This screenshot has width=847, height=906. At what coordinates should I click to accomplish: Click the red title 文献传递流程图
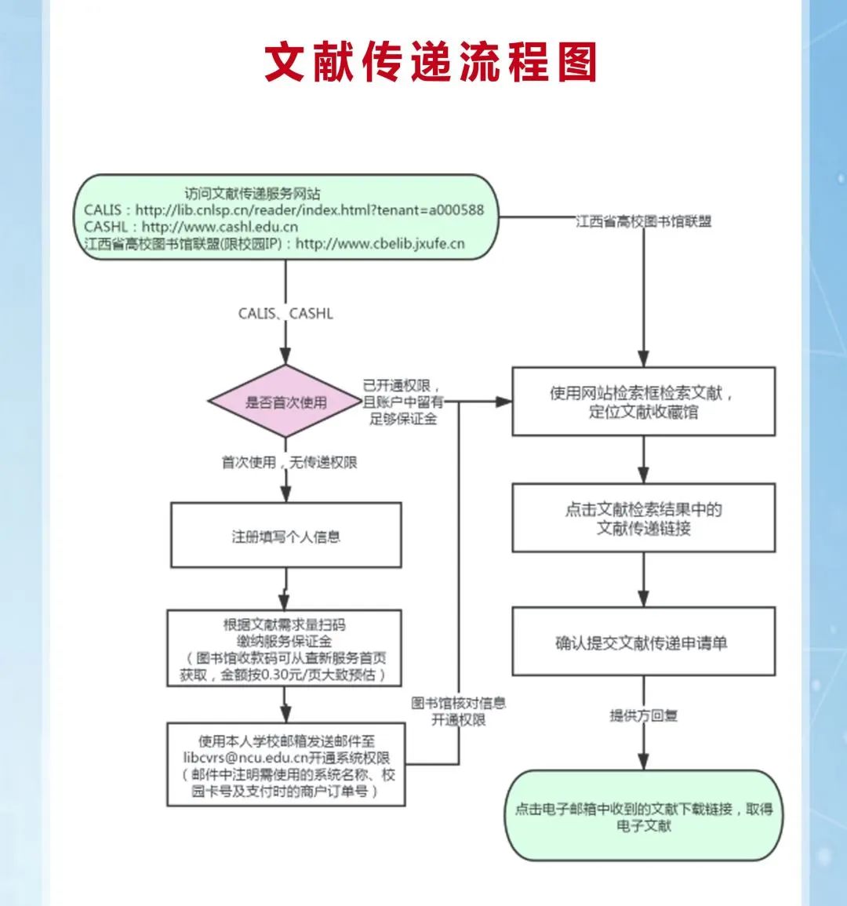tap(431, 63)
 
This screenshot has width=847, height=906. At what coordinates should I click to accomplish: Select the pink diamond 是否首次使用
tap(285, 402)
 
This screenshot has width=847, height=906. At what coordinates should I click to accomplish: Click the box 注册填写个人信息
tap(285, 537)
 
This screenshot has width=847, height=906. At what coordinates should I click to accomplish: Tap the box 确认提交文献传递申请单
tap(643, 642)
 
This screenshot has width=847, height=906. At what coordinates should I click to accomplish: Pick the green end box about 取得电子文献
tap(643, 816)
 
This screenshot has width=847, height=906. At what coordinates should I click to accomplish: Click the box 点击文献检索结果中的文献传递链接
tap(643, 518)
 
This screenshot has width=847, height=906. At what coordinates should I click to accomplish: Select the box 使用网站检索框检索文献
tap(643, 402)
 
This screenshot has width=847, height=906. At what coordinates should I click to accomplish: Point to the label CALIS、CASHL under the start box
tap(285, 314)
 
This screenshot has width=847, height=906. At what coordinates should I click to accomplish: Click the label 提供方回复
tap(643, 715)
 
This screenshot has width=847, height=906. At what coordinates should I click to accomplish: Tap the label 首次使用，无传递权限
tap(289, 463)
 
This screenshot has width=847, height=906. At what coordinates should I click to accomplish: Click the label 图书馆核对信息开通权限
tap(459, 711)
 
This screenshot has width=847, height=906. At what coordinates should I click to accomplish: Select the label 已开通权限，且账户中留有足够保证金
tap(403, 402)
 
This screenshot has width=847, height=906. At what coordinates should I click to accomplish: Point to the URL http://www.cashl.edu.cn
tap(220, 227)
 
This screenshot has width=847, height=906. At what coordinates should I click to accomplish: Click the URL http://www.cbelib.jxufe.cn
tap(380, 244)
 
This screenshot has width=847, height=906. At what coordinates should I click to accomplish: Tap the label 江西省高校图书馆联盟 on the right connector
tap(643, 222)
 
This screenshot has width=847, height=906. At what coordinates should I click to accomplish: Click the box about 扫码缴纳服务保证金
tap(284, 649)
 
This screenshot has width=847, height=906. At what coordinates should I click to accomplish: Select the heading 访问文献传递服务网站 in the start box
tap(253, 193)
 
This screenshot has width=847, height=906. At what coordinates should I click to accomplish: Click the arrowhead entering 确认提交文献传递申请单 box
tap(643, 599)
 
